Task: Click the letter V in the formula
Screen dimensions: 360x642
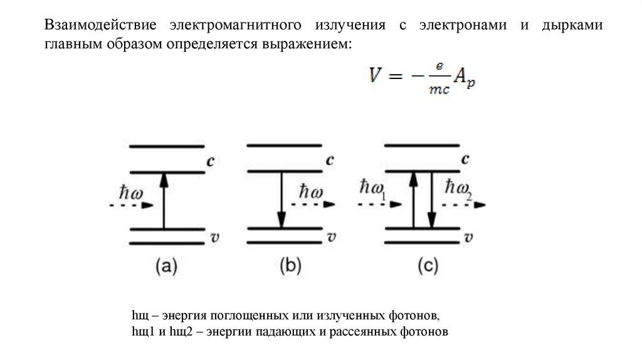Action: click(x=376, y=77)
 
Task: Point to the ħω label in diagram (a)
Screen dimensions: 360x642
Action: click(x=132, y=192)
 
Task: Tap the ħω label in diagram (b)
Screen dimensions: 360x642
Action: click(x=312, y=191)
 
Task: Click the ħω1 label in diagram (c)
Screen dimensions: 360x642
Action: click(x=373, y=190)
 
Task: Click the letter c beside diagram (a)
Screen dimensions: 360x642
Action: click(x=211, y=161)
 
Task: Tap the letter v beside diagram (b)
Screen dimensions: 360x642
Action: click(x=331, y=236)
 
